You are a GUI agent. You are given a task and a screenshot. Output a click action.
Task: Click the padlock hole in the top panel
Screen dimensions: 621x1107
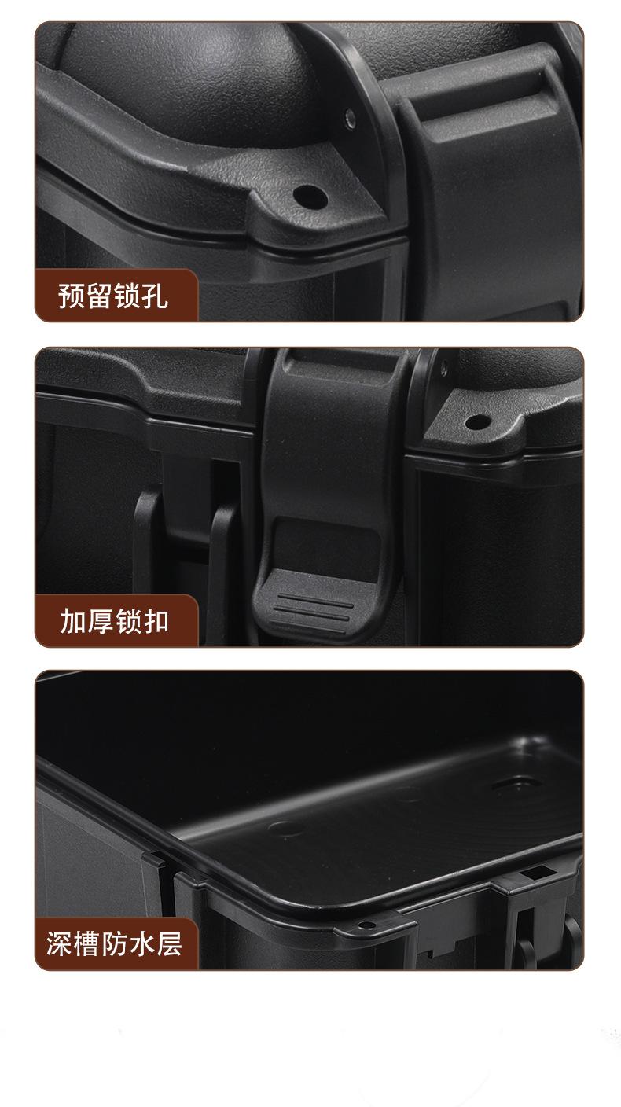[x=310, y=197]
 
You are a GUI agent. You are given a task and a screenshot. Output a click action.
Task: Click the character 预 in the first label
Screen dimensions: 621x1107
[x=72, y=296]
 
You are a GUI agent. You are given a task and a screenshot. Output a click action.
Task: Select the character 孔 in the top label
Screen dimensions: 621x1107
[x=155, y=296]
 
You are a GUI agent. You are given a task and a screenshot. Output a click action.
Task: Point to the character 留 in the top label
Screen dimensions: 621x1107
[x=100, y=296]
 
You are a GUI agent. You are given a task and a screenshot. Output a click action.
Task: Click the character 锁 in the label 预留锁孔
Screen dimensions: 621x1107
[x=127, y=296]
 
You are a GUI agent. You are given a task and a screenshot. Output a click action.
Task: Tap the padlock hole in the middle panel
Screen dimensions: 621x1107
[x=478, y=422]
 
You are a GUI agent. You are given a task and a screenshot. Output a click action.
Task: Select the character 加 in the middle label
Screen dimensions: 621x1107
[x=73, y=620]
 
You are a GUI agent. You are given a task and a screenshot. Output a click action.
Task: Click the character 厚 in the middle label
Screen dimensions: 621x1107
[x=101, y=620]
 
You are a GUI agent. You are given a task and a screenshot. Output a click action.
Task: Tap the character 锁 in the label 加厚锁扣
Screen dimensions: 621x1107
[x=128, y=620]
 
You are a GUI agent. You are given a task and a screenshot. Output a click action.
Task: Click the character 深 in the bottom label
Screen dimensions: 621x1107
[x=59, y=944]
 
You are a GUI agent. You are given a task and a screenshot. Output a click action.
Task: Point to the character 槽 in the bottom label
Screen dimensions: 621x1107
[x=87, y=944]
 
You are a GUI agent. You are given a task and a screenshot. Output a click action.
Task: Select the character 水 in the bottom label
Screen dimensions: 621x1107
[x=142, y=944]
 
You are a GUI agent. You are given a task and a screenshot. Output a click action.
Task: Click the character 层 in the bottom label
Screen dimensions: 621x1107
[x=170, y=944]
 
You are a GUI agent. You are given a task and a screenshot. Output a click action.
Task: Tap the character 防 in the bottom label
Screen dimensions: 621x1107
[x=115, y=944]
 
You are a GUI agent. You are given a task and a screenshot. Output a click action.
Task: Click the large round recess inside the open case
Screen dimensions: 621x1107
[x=517, y=784]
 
